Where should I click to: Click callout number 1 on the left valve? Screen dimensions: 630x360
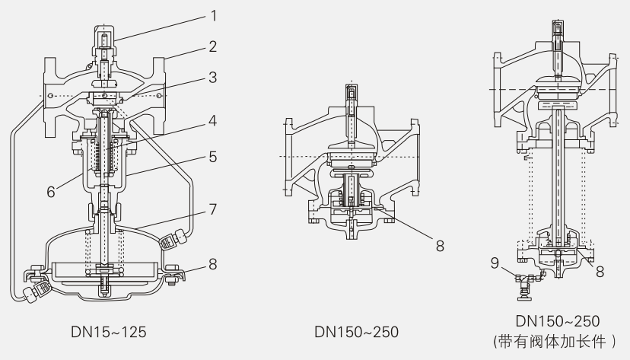coord(213,16)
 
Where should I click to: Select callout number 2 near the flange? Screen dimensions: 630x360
coord(213,46)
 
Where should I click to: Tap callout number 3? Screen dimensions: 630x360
coord(213,77)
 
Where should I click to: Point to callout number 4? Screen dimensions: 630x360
coord(213,120)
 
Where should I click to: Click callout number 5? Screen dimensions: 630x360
coord(213,157)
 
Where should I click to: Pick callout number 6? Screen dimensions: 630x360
coord(51,192)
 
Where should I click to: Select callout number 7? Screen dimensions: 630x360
coord(213,209)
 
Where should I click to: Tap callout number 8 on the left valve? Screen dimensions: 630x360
coord(213,264)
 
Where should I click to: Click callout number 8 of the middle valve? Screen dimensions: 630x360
coord(440,246)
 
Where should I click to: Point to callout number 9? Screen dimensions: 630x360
coord(495,263)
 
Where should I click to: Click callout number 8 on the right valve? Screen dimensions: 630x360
coord(600,272)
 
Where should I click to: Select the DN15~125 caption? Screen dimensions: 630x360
coord(109,333)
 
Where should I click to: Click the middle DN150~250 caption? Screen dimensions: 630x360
coord(356,333)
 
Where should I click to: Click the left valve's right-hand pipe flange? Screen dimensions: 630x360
coord(159,97)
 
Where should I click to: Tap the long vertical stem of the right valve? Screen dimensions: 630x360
coord(558,177)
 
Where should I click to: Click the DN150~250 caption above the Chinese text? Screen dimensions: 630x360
coord(557,321)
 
